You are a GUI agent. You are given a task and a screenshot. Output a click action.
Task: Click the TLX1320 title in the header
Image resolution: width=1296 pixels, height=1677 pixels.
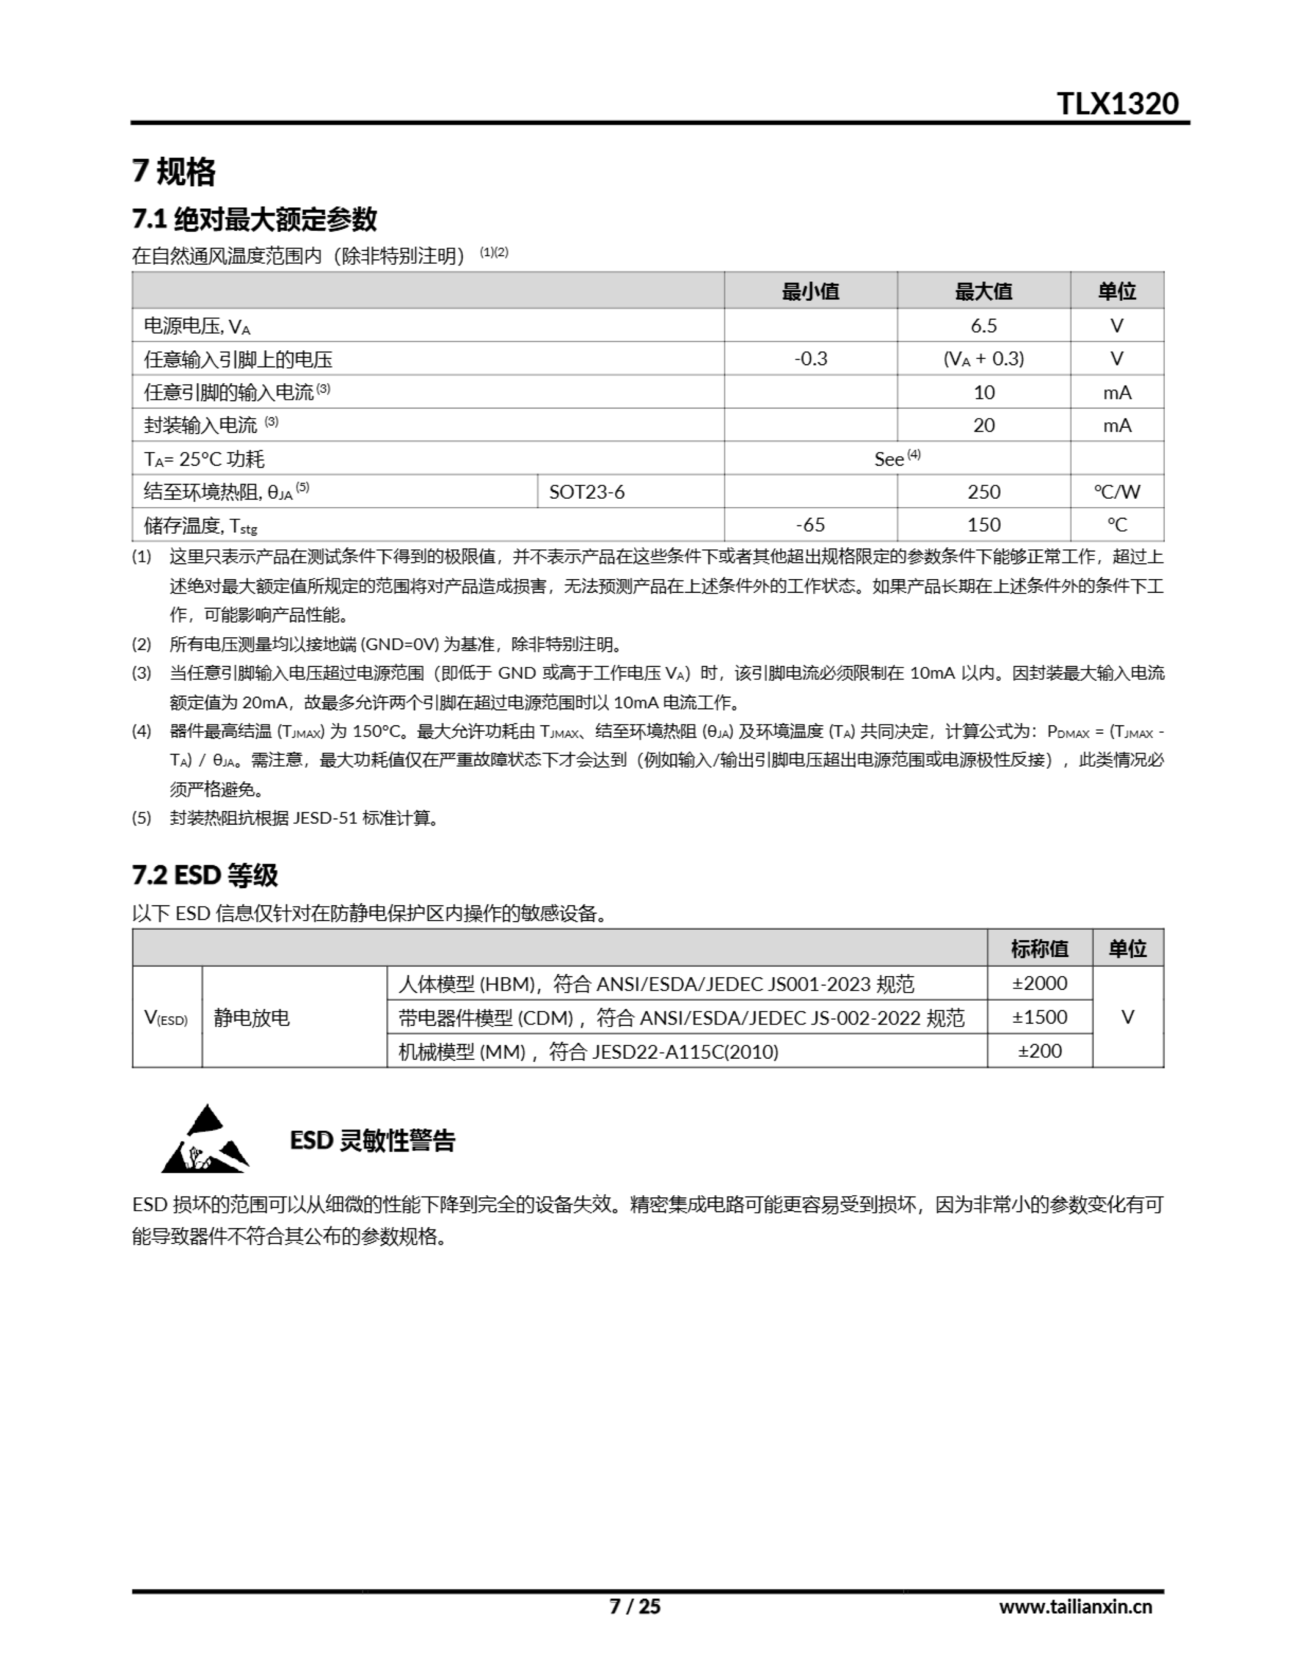(1117, 103)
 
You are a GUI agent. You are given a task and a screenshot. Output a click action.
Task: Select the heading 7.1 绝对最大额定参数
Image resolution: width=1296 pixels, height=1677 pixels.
(254, 219)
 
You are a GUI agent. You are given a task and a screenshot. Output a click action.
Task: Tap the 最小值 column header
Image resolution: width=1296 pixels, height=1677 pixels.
(810, 291)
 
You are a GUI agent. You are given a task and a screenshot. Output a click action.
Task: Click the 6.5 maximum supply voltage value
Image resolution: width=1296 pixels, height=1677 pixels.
(983, 326)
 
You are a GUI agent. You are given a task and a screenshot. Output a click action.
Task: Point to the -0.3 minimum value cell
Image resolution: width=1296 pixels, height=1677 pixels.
(810, 358)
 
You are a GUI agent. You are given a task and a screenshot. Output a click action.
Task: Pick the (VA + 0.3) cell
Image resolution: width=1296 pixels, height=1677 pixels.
(983, 358)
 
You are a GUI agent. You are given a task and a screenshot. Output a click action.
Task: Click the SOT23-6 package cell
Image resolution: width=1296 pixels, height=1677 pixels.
(587, 492)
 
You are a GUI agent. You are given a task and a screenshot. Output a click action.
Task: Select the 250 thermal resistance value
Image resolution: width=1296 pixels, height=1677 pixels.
(983, 492)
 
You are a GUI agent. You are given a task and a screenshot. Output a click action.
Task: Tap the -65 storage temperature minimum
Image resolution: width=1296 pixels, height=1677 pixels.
(810, 525)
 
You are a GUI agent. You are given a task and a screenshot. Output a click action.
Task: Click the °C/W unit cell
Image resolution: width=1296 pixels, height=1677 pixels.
(1117, 492)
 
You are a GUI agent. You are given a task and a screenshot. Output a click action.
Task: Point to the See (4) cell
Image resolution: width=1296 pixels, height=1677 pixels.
(896, 459)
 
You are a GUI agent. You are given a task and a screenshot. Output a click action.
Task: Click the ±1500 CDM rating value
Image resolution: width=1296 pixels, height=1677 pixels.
(1039, 1017)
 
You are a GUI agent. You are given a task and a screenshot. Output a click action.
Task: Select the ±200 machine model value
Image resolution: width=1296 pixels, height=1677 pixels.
(1039, 1051)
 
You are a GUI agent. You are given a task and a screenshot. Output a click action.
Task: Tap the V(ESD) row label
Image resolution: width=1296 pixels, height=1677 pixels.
(166, 1018)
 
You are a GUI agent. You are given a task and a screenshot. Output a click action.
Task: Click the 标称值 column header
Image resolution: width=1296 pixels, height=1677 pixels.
(1039, 949)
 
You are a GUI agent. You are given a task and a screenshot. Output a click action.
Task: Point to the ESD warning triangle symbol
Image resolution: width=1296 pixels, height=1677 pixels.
(205, 1140)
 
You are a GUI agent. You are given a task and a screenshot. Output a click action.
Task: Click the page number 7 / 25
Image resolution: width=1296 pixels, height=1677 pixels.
(634, 1606)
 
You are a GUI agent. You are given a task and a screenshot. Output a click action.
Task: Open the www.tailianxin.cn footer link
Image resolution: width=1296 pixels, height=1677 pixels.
(1075, 1606)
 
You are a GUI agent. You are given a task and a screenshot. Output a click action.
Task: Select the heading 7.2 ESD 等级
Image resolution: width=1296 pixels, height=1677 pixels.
(205, 875)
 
